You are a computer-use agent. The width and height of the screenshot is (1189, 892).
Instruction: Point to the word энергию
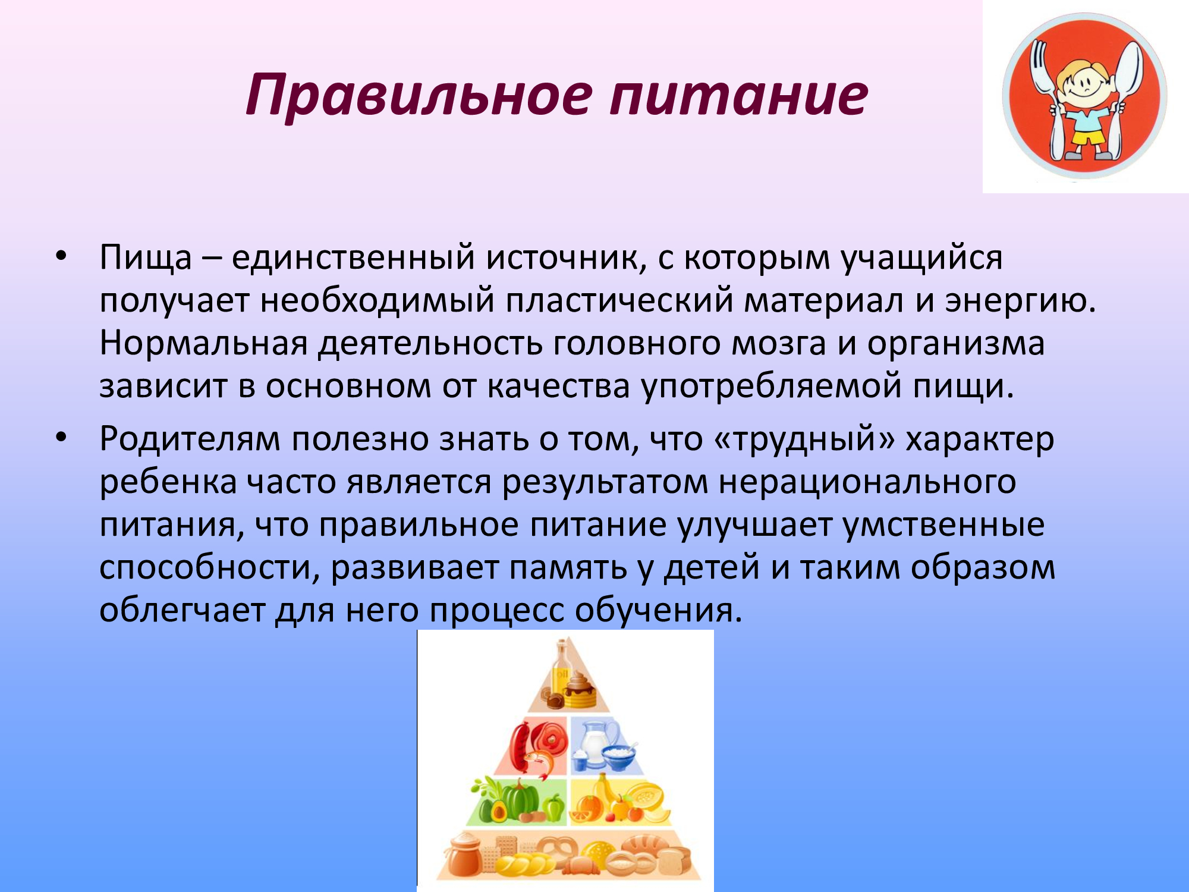coord(1020,301)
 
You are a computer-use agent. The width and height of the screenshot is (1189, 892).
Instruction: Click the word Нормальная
coord(203,344)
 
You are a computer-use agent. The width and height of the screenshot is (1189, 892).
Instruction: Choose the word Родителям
coord(190,440)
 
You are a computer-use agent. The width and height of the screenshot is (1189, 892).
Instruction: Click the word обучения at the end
coord(658,610)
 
